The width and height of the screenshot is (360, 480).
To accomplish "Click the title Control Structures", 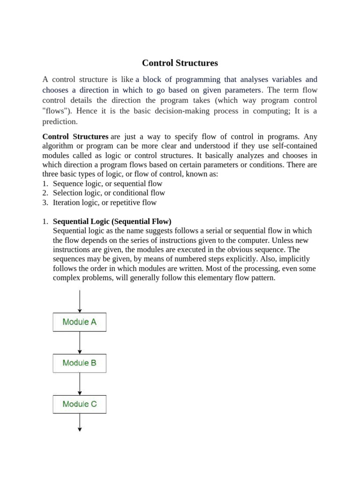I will pyautogui.click(x=180, y=63).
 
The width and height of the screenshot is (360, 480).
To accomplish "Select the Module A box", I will pyautogui.click(x=79, y=322).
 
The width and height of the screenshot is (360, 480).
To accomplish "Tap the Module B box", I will pyautogui.click(x=79, y=363).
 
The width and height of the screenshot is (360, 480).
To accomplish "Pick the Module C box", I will pyautogui.click(x=79, y=404).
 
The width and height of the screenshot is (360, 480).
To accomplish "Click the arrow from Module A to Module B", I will pyautogui.click(x=80, y=343).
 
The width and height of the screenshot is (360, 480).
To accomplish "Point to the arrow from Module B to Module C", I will pyautogui.click(x=80, y=383).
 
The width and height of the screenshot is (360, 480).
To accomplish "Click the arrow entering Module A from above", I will pyautogui.click(x=80, y=301).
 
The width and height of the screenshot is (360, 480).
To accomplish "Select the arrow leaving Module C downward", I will pyautogui.click(x=80, y=422).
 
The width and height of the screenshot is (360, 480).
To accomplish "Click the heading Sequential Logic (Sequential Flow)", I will pyautogui.click(x=112, y=221).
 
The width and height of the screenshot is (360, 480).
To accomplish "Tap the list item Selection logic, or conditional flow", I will pyautogui.click(x=109, y=193).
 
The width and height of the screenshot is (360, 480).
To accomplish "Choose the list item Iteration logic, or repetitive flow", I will pyautogui.click(x=105, y=202).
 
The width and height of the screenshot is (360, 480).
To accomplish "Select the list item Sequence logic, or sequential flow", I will pyautogui.click(x=107, y=184).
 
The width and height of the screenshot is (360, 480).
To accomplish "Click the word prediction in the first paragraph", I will pyautogui.click(x=60, y=121).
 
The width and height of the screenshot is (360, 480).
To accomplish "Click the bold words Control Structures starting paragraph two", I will pyautogui.click(x=75, y=137).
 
